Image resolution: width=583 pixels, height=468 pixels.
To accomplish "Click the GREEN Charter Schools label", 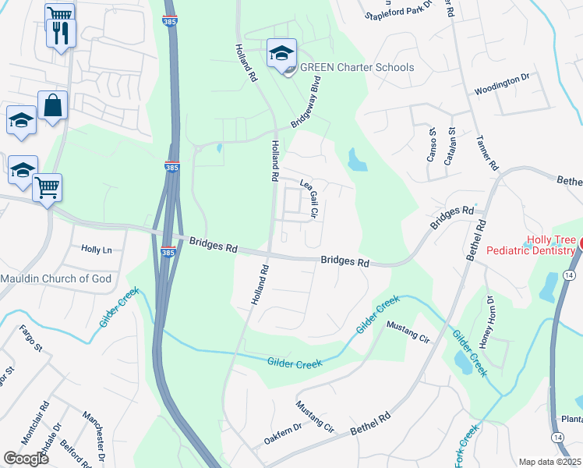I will [x=357, y=68].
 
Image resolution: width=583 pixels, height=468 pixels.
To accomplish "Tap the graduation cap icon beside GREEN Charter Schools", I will [x=281, y=53].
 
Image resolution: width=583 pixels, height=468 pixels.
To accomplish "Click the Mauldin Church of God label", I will [x=66, y=278].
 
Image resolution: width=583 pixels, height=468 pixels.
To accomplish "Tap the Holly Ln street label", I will [x=97, y=250].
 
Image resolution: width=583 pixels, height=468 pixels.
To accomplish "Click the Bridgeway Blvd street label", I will [x=306, y=107].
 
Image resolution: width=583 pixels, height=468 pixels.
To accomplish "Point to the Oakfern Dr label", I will [x=282, y=434].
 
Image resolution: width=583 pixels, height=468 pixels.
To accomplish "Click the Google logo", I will [x=26, y=459].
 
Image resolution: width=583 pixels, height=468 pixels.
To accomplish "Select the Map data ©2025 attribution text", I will [x=549, y=462].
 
